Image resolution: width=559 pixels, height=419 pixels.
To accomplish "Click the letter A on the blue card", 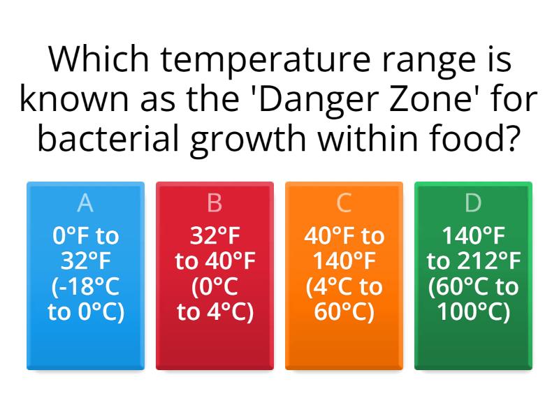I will (x=85, y=203).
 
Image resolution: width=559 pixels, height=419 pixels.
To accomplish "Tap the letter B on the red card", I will (x=215, y=203).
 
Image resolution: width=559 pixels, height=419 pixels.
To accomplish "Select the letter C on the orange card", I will (x=344, y=203).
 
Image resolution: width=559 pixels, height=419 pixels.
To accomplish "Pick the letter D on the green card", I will (x=473, y=203).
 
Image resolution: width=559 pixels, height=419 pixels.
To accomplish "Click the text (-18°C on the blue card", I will (x=85, y=287).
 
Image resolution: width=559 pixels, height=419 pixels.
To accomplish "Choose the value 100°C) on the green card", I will (x=473, y=312).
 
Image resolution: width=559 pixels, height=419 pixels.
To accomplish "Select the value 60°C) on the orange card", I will (x=344, y=312).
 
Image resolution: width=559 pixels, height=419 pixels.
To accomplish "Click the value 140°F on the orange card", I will (x=344, y=261).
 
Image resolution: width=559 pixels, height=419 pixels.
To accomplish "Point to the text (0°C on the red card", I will (x=215, y=287).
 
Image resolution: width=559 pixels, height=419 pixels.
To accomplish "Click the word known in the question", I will (x=70, y=100).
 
